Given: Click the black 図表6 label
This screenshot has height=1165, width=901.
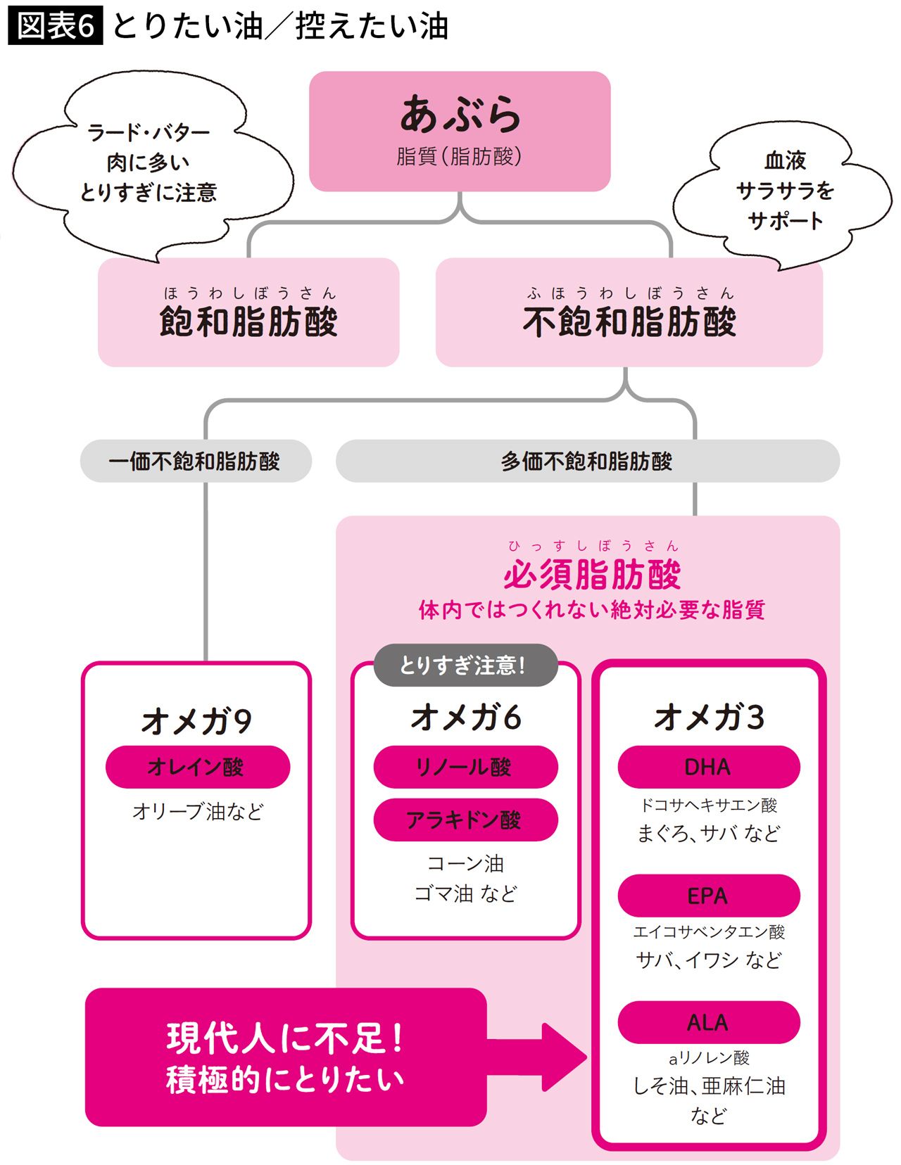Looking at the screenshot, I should pyautogui.click(x=55, y=27).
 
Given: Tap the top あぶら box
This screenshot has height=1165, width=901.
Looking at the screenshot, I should pyautogui.click(x=460, y=131).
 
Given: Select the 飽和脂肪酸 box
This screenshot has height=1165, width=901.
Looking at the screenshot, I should pyautogui.click(x=248, y=312).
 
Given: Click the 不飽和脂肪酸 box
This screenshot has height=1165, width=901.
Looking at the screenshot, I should pyautogui.click(x=629, y=312).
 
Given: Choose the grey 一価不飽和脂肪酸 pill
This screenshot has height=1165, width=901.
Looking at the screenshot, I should pyautogui.click(x=195, y=461).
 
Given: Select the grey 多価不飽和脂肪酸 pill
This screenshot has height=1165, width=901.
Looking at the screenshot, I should pyautogui.click(x=587, y=461).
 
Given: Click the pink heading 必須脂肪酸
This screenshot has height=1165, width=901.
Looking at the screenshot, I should pyautogui.click(x=592, y=575).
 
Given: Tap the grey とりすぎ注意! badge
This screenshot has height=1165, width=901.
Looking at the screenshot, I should pyautogui.click(x=464, y=665).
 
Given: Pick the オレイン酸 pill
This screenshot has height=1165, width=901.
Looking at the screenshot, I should pyautogui.click(x=197, y=767).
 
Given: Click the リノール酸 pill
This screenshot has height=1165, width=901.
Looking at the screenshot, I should pyautogui.click(x=465, y=767).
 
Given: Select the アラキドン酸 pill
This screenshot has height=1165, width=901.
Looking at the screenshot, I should pyautogui.click(x=465, y=820).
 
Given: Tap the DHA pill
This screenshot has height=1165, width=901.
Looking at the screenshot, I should pyautogui.click(x=708, y=767).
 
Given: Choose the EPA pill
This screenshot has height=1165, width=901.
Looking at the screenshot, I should pyautogui.click(x=708, y=896).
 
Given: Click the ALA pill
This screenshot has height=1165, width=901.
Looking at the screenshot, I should pyautogui.click(x=708, y=1022).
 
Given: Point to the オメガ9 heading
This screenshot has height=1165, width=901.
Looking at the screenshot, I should pyautogui.click(x=196, y=721).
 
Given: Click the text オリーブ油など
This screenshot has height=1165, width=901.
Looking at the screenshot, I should pyautogui.click(x=198, y=812).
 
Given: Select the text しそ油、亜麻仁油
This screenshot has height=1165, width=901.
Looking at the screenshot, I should pyautogui.click(x=709, y=1086).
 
